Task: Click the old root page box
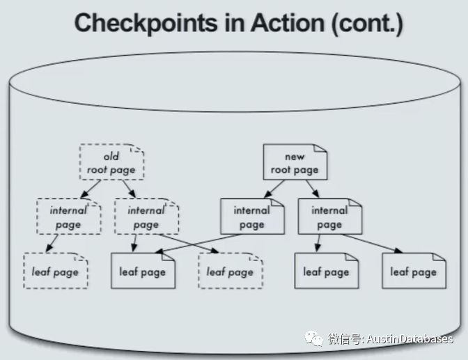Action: (x=111, y=162)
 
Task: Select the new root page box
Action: (x=295, y=162)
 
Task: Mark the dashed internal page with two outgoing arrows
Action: (x=146, y=217)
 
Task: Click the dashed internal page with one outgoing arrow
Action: (x=69, y=217)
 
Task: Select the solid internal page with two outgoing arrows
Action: (x=329, y=217)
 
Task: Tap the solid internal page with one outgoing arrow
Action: (x=251, y=217)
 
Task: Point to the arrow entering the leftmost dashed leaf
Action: (x=51, y=243)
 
